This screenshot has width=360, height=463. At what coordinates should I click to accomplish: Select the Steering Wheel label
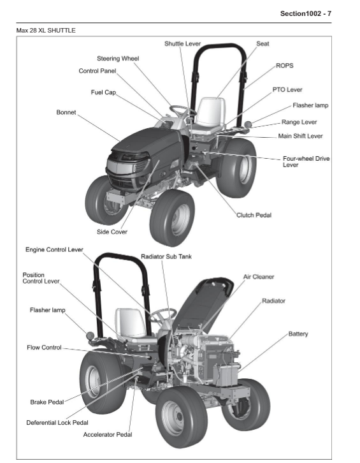[118, 58]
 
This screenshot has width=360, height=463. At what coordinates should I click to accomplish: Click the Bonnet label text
[66, 112]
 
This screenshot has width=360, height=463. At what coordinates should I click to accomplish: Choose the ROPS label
[284, 65]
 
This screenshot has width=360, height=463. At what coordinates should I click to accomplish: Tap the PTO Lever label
[287, 90]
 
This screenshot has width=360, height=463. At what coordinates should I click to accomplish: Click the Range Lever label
[299, 121]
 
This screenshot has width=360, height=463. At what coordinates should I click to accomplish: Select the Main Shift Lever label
[300, 136]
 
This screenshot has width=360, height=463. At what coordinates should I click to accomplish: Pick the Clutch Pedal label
[254, 215]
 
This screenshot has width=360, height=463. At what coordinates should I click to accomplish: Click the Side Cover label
[112, 231]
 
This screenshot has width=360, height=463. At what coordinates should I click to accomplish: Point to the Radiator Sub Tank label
[166, 256]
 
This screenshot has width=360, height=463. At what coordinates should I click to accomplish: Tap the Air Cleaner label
[259, 277]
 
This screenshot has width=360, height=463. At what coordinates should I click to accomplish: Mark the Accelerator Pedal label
[108, 434]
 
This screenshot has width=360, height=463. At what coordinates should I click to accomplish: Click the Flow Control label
[44, 348]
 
